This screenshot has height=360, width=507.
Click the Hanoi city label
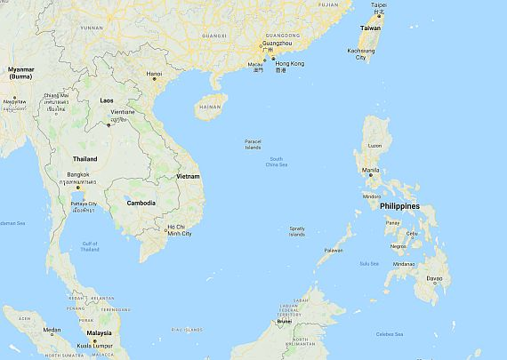tap(155, 74)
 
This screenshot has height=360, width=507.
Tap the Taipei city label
tap(379, 5)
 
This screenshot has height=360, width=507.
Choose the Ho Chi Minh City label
tap(179, 231)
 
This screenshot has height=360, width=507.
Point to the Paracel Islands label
tap(253, 144)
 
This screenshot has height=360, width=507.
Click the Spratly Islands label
tap(297, 231)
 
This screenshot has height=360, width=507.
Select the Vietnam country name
tap(188, 177)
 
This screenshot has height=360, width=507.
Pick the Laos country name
tap(107, 100)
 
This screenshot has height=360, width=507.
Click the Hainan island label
tap(211, 105)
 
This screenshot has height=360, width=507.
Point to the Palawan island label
tap(334, 250)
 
